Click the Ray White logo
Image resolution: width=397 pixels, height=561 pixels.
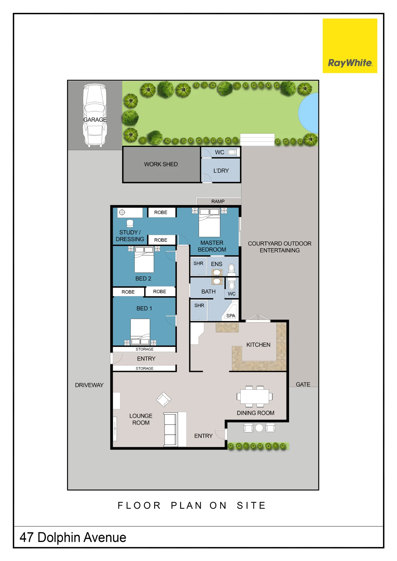350,46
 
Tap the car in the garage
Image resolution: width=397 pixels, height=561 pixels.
95,115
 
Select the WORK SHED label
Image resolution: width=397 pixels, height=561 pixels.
161,164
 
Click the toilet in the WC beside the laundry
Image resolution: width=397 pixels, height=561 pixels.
232,152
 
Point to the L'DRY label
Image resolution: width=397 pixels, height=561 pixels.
221,171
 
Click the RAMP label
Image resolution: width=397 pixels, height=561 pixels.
218,201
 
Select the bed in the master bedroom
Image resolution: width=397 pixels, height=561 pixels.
209,222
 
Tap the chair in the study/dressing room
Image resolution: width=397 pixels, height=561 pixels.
130,223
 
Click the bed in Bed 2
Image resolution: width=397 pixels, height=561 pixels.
144,259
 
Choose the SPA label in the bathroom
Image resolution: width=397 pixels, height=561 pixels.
231,316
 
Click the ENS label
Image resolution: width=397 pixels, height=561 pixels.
216,264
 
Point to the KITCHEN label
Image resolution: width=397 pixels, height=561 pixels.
258,345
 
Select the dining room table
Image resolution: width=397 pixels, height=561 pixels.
255,396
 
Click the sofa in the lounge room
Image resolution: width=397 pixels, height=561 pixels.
171,429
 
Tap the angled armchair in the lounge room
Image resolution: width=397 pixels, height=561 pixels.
164,399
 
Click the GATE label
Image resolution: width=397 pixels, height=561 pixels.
303,384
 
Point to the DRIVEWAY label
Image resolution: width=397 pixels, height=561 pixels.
89,385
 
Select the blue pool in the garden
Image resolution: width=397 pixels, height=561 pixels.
308,113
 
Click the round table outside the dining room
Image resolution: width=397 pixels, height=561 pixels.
259,428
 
